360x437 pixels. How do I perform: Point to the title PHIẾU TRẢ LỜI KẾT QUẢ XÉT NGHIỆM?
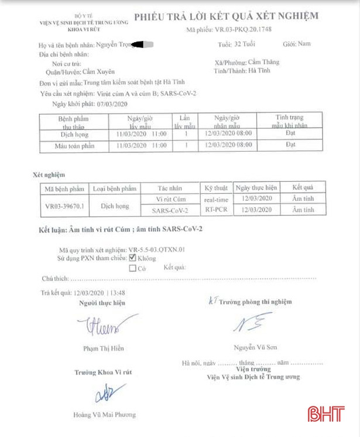coord(227,16)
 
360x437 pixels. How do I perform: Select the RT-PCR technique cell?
coord(216,210)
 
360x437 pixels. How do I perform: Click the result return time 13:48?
coord(118,291)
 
